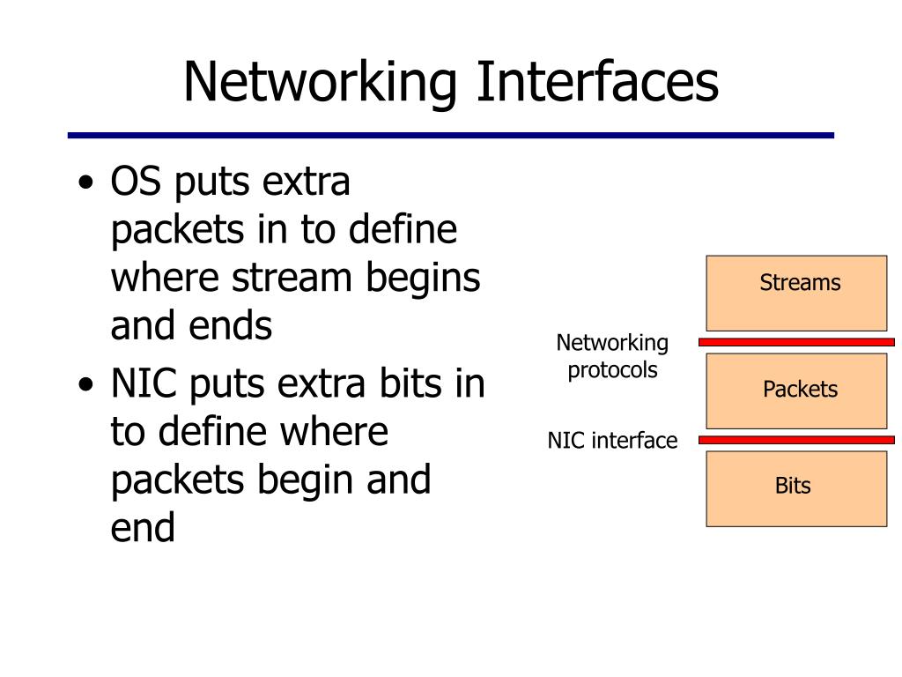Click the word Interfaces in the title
tap(598, 81)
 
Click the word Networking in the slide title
tap(322, 81)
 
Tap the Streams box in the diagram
tap(796, 293)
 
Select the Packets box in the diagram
tap(796, 391)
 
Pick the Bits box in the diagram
tap(796, 488)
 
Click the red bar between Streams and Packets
tap(796, 341)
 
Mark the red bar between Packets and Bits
tap(796, 439)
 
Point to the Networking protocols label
tap(612, 356)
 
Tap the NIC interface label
tap(612, 440)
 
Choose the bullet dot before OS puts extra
tap(85, 185)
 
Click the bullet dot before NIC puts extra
tap(85, 387)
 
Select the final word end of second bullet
tap(143, 528)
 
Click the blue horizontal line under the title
tap(451, 136)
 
